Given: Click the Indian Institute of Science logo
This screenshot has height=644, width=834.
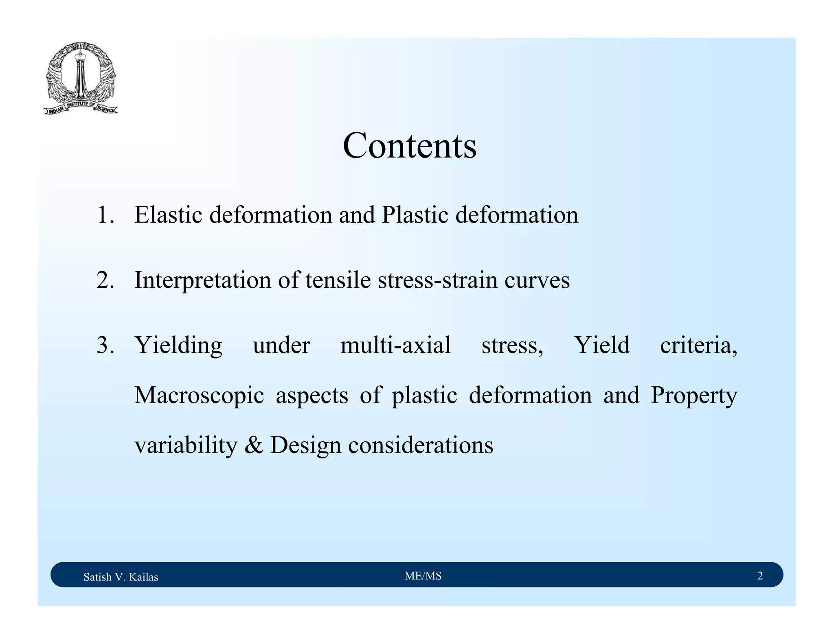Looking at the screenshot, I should click(81, 78).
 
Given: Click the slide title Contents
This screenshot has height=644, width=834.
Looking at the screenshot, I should click(409, 146).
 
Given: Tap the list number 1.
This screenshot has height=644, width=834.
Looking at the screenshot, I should click(105, 215).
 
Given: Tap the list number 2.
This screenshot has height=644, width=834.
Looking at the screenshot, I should click(105, 280).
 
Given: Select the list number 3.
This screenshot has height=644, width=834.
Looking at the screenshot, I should click(105, 345).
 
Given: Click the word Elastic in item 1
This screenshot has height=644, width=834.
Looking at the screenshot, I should click(168, 215).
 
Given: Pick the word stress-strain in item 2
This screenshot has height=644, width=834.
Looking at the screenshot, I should click(437, 280).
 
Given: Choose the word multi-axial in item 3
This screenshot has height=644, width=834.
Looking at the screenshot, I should click(395, 345).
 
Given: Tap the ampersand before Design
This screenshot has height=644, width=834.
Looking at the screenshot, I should click(254, 445).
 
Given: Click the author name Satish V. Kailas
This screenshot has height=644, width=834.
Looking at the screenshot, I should click(121, 577).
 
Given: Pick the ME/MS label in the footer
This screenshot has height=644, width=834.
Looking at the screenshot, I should click(423, 576).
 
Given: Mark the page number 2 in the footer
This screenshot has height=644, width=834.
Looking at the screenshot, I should click(760, 576).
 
